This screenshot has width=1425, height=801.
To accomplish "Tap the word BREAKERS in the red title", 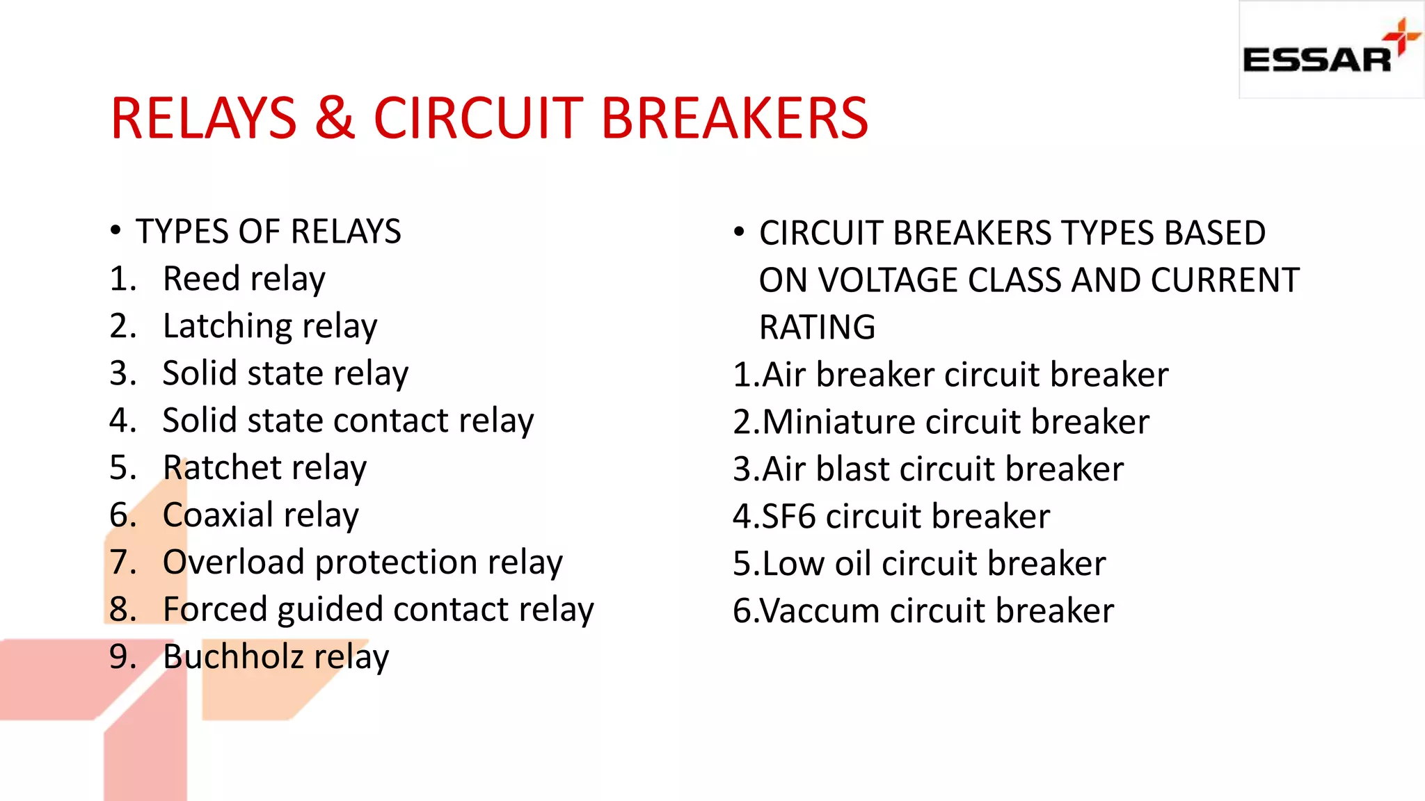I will click(x=734, y=118).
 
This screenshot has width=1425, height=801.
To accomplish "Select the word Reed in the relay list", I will click(x=201, y=279).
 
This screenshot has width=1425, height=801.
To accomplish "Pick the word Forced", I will click(x=214, y=609).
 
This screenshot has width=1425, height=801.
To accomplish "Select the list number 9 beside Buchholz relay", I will click(x=122, y=657).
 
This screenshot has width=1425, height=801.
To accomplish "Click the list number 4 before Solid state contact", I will click(x=122, y=421).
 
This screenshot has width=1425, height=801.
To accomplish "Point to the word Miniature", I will click(x=838, y=422).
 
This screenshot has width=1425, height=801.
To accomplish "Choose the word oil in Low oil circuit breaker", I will click(x=853, y=563).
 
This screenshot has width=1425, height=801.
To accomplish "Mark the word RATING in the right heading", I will click(x=817, y=327).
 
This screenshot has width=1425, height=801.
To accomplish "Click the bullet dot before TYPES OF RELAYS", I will click(x=116, y=231).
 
